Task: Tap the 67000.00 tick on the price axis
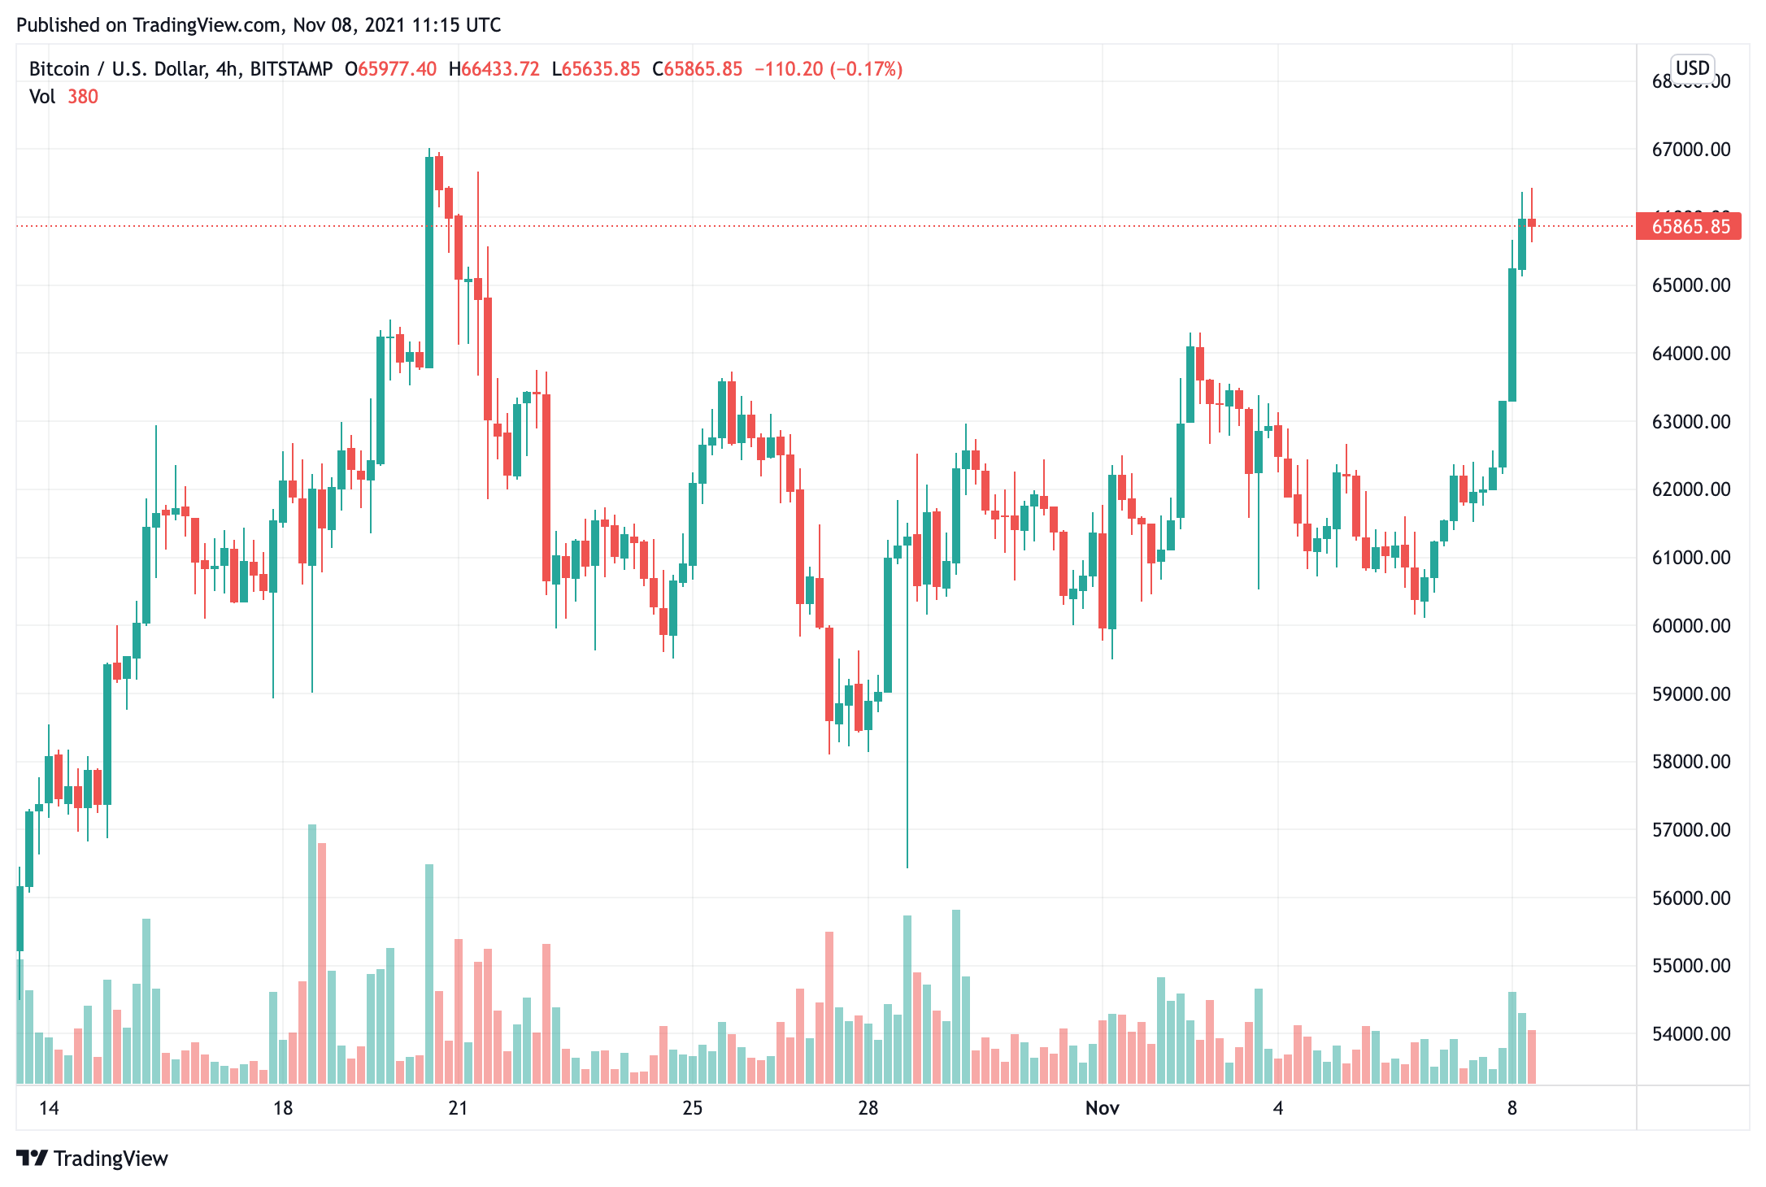(1690, 150)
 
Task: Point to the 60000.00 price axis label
(1690, 626)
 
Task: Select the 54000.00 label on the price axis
(1690, 1034)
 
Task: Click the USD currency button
(1692, 68)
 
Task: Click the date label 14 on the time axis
(49, 1108)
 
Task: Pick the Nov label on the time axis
(1102, 1108)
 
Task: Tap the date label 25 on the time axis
(692, 1108)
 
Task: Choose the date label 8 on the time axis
(1512, 1108)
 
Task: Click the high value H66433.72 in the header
(494, 69)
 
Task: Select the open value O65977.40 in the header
(390, 69)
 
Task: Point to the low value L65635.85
(596, 69)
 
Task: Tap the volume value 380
(83, 97)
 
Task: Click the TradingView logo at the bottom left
(92, 1159)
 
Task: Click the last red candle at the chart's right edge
(1532, 223)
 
